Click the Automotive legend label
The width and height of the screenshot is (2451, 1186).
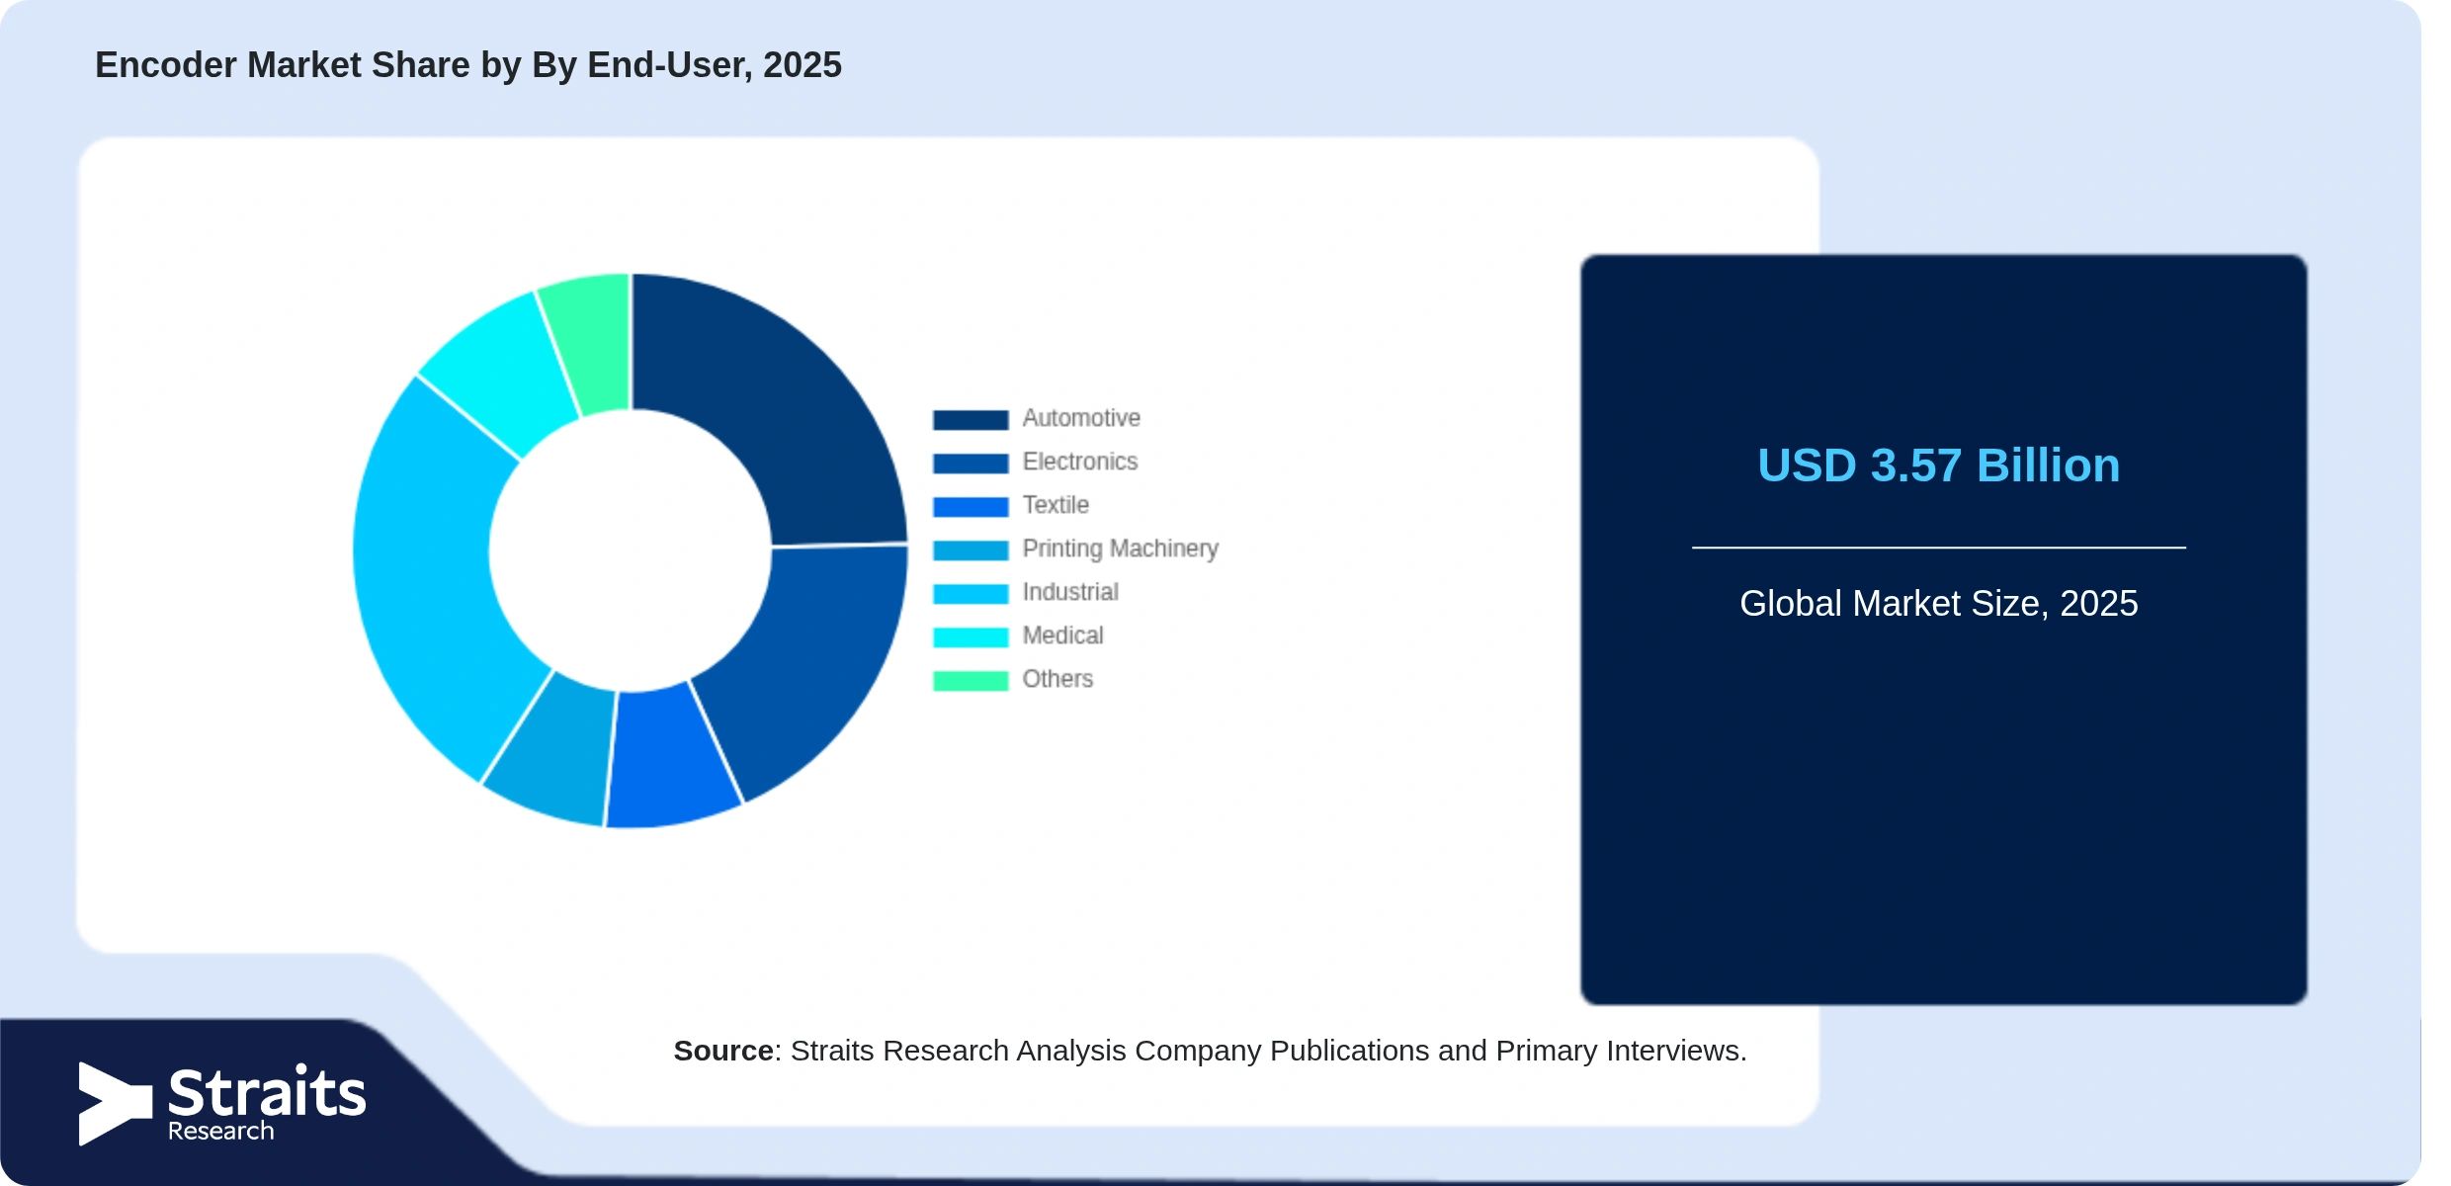click(x=1081, y=418)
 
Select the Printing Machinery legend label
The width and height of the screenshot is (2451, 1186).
click(x=1120, y=549)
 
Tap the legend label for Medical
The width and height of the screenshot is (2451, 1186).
click(x=1062, y=635)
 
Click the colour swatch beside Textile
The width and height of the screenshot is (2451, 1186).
click(x=971, y=506)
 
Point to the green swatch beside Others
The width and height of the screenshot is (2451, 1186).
click(x=971, y=680)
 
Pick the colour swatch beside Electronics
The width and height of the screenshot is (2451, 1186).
click(x=971, y=463)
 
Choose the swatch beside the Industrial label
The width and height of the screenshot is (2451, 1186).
click(x=971, y=593)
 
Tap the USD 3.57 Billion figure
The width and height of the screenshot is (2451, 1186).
click(x=1938, y=466)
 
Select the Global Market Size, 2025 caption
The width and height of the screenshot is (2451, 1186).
click(x=1938, y=603)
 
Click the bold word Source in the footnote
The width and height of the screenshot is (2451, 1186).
click(x=723, y=1051)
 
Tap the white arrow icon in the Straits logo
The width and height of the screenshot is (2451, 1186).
click(x=115, y=1103)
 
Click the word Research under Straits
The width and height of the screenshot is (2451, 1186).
click(x=220, y=1131)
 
